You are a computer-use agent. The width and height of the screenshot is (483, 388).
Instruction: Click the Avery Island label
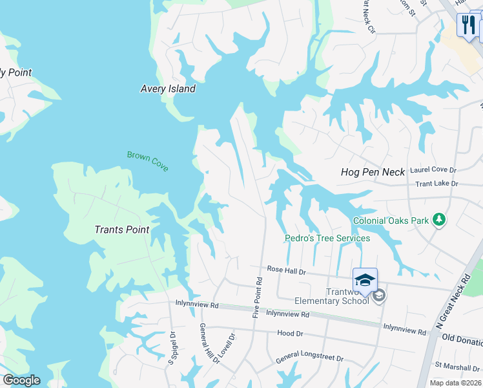(x=168, y=89)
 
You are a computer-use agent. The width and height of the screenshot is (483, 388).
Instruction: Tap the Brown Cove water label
(x=148, y=160)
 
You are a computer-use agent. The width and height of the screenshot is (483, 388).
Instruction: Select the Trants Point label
(x=122, y=230)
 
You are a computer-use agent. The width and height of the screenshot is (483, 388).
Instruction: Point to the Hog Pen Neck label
(x=373, y=172)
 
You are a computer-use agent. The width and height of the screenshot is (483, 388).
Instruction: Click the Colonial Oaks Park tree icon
(x=439, y=220)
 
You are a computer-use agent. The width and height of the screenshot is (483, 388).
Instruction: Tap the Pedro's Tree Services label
(x=328, y=238)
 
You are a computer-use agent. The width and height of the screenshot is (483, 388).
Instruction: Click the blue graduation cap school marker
(x=365, y=280)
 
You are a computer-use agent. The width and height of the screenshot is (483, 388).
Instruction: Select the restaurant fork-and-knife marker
(x=467, y=25)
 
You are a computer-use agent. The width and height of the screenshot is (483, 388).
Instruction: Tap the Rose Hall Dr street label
(x=286, y=270)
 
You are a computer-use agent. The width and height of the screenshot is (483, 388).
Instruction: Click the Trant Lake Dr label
(x=436, y=184)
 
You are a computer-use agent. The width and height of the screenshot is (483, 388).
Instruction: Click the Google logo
(x=21, y=380)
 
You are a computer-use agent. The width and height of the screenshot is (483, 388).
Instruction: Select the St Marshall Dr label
(x=455, y=366)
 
